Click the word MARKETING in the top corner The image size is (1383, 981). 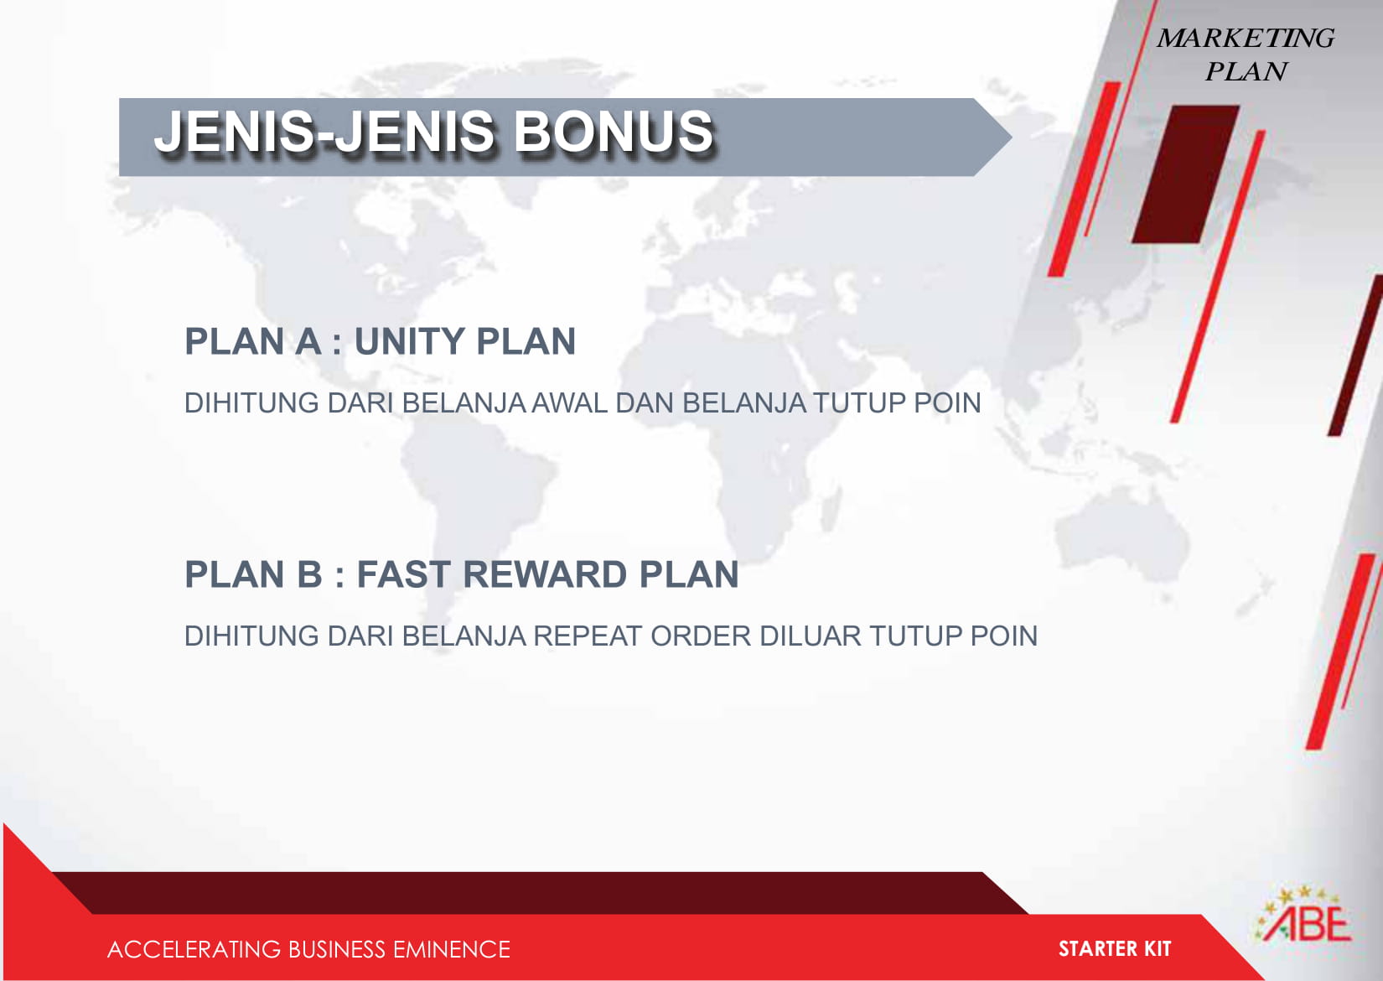(1246, 38)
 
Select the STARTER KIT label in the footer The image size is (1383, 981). (1115, 948)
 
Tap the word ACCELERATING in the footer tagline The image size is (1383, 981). (194, 949)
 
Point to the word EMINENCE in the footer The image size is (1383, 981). (451, 949)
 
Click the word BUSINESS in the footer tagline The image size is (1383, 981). (336, 949)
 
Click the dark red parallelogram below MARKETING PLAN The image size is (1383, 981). (1185, 174)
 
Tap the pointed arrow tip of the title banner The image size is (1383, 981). (1012, 138)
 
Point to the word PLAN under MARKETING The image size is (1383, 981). (1246, 71)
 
